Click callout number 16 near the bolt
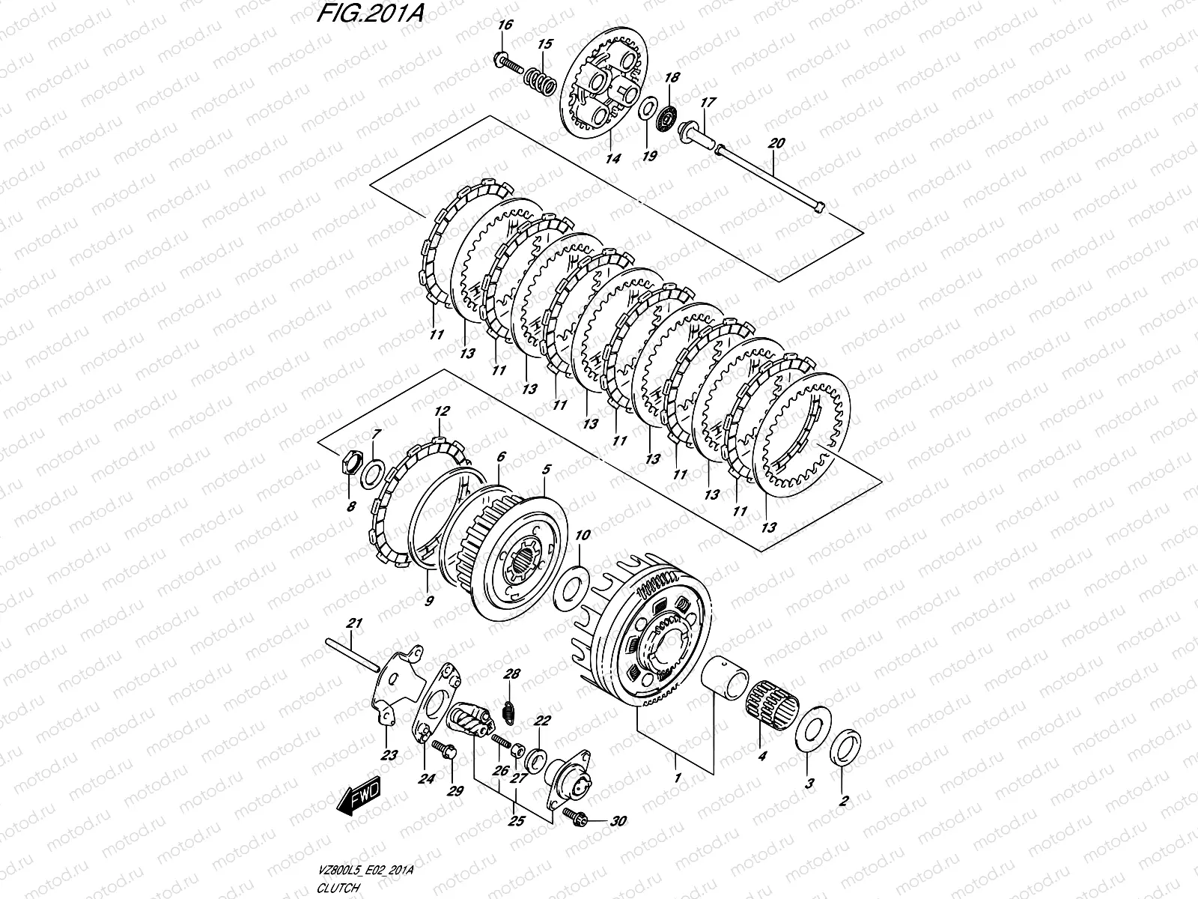pos(505,25)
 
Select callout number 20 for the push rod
pos(776,144)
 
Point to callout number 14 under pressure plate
pos(613,159)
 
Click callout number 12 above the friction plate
pos(442,411)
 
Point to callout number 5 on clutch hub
pos(547,470)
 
